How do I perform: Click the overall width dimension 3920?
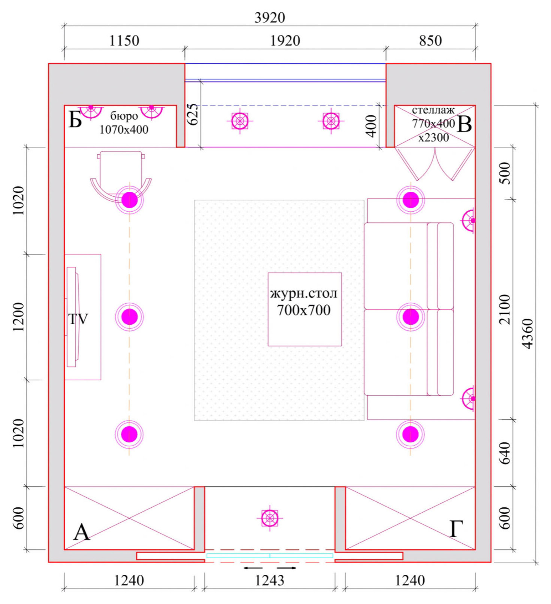click(x=270, y=18)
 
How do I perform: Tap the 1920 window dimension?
click(x=285, y=40)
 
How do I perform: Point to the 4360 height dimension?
click(x=528, y=334)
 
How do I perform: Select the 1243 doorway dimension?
click(x=270, y=580)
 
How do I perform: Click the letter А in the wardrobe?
click(x=82, y=532)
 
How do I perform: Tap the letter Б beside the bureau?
click(x=75, y=120)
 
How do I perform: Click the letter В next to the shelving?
click(x=464, y=124)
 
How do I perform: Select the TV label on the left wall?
click(x=78, y=319)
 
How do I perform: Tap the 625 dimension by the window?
click(x=192, y=114)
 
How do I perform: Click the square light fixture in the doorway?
click(x=270, y=519)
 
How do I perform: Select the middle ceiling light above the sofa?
click(x=410, y=317)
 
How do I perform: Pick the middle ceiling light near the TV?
click(x=129, y=317)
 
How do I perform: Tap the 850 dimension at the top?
click(x=430, y=40)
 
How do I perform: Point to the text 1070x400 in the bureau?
click(x=124, y=130)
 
